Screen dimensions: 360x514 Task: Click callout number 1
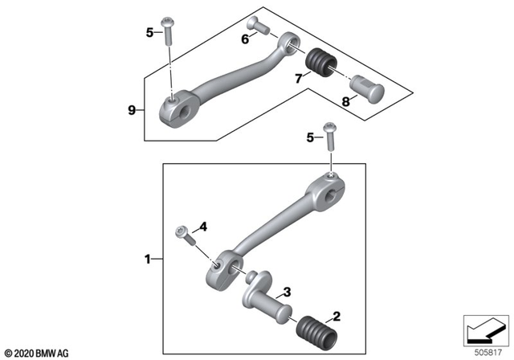coord(148,260)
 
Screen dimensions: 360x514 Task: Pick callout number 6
coord(246,39)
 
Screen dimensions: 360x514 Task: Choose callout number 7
coord(298,78)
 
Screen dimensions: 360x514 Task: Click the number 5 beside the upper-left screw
coord(149,33)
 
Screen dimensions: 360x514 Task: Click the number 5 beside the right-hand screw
coord(309,137)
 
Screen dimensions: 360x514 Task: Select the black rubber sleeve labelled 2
coord(314,329)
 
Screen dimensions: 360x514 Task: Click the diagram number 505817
coord(486,350)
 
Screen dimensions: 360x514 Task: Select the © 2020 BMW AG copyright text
coord(36,352)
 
